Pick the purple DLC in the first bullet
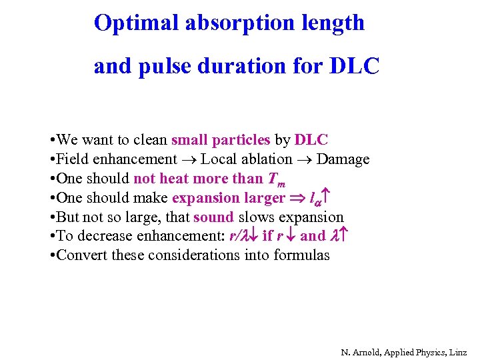pyautogui.click(x=311, y=141)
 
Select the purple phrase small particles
pyautogui.click(x=221, y=141)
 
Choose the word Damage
pyautogui.click(x=343, y=159)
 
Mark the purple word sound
pyautogui.click(x=213, y=217)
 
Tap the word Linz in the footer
pyautogui.click(x=458, y=351)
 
